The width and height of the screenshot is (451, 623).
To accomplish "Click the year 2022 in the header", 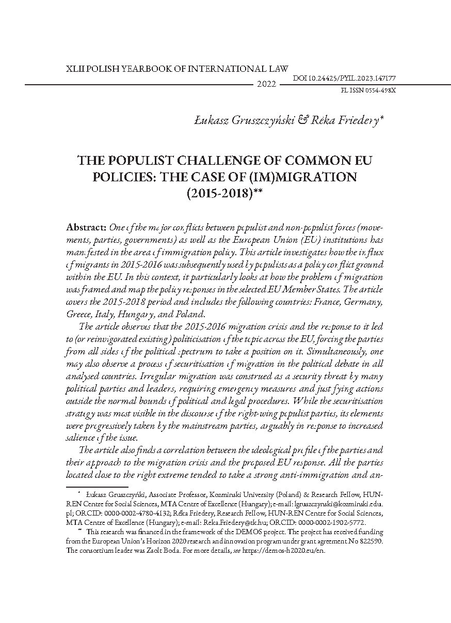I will pyautogui.click(x=266, y=84).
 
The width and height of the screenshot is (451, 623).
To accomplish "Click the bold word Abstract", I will pyautogui.click(x=85, y=228).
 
